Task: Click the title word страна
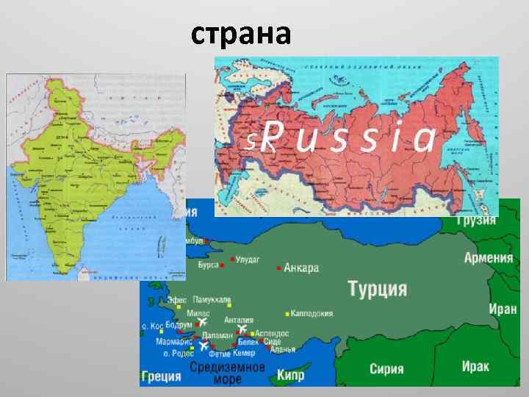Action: pyautogui.click(x=241, y=33)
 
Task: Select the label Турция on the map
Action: pyautogui.click(x=377, y=288)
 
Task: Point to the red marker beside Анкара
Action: pyautogui.click(x=278, y=268)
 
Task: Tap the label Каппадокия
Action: pyautogui.click(x=312, y=313)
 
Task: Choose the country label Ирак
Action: pyautogui.click(x=476, y=365)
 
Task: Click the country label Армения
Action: pyautogui.click(x=488, y=257)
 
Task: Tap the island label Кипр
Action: pyautogui.click(x=290, y=376)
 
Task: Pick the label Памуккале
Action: pyautogui.click(x=212, y=301)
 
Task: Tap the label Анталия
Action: pyautogui.click(x=239, y=320)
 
